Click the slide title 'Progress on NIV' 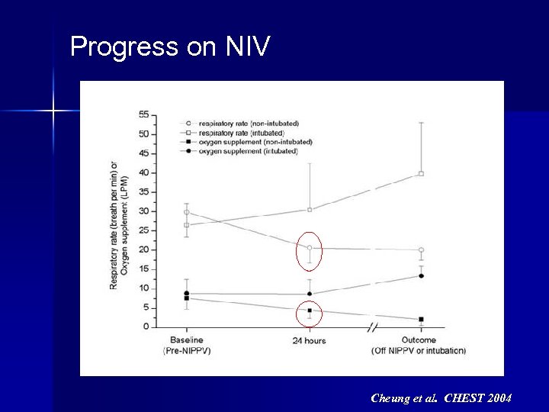tap(169, 47)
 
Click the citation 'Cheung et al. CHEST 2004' tap(441, 398)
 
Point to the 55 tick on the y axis tap(143, 114)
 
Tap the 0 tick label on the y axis tap(146, 327)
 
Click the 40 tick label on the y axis tap(143, 172)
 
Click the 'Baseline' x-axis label tap(186, 340)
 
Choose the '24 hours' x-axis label tap(309, 340)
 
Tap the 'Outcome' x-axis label tap(419, 340)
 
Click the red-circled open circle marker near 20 tap(310, 248)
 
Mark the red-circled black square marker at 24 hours tap(310, 311)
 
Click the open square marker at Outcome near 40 tap(421, 174)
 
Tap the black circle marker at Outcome tap(421, 275)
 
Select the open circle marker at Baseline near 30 tap(186, 213)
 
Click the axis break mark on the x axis tap(372, 327)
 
